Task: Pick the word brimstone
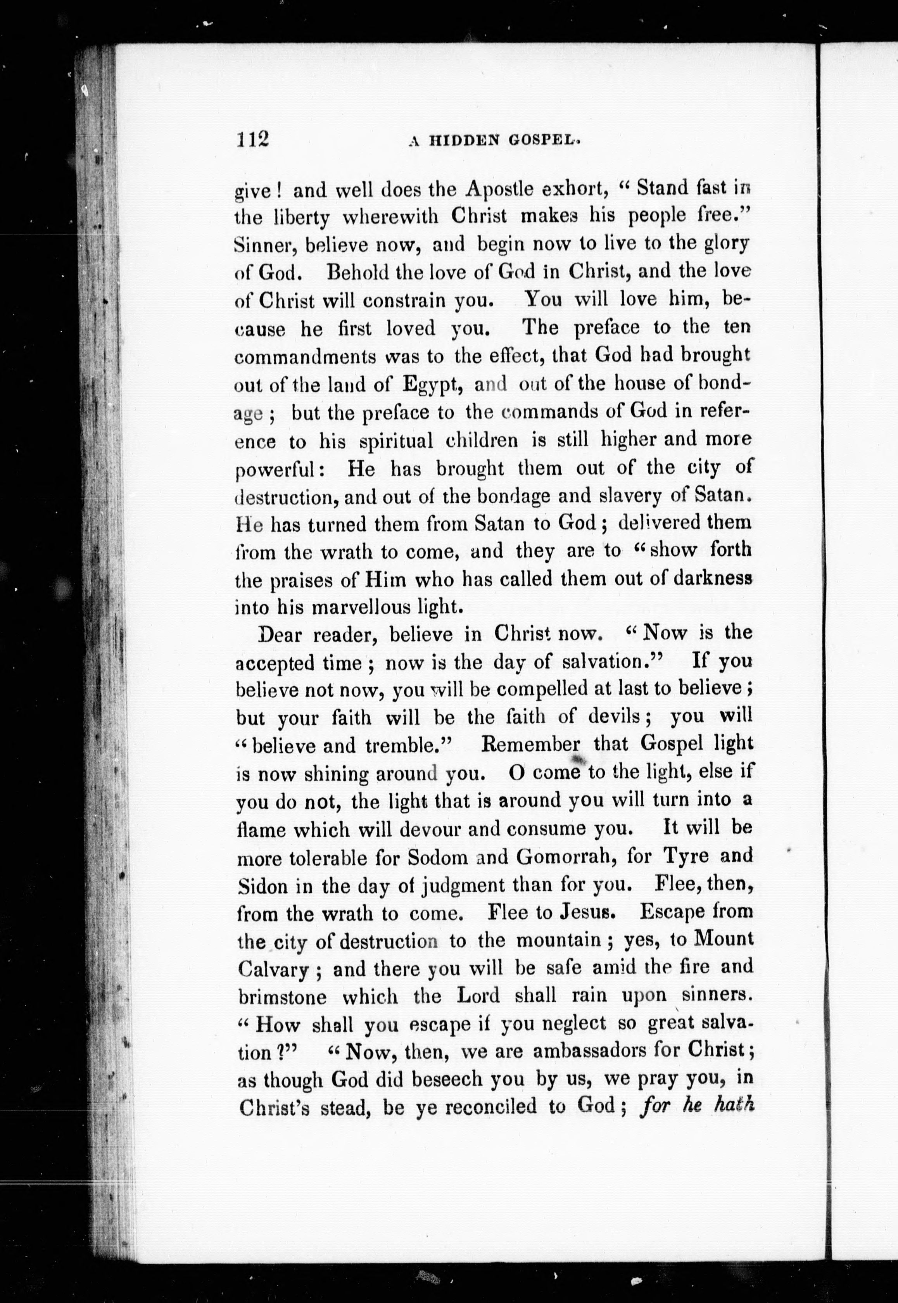point(281,996)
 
